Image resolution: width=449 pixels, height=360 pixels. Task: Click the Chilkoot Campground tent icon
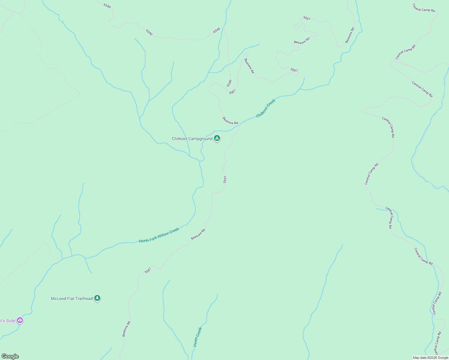click(x=217, y=138)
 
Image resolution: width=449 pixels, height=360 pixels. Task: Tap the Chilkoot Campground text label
click(x=192, y=139)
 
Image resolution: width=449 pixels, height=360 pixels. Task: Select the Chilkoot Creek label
click(x=266, y=108)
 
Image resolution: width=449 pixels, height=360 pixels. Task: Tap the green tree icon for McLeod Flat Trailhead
click(x=97, y=298)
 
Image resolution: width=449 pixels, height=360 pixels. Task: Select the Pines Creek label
click(x=197, y=337)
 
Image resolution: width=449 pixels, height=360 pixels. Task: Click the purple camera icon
click(x=20, y=320)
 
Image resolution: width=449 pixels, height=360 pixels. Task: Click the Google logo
click(x=10, y=356)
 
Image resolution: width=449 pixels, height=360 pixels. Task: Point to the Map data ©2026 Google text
click(x=430, y=358)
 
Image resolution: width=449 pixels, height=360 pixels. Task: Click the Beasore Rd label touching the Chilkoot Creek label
click(x=230, y=121)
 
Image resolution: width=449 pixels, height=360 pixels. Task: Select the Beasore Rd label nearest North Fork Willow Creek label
click(x=198, y=234)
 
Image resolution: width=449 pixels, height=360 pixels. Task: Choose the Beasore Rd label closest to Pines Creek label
click(x=126, y=329)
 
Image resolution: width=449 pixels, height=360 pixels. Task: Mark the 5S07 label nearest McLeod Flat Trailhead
click(x=148, y=270)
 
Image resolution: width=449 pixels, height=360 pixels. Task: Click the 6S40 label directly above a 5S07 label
click(x=229, y=83)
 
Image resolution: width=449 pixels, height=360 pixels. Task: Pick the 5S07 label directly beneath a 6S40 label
click(x=233, y=92)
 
